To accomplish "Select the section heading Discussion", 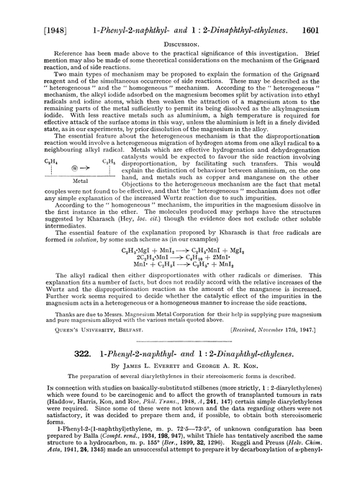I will (180, 29).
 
